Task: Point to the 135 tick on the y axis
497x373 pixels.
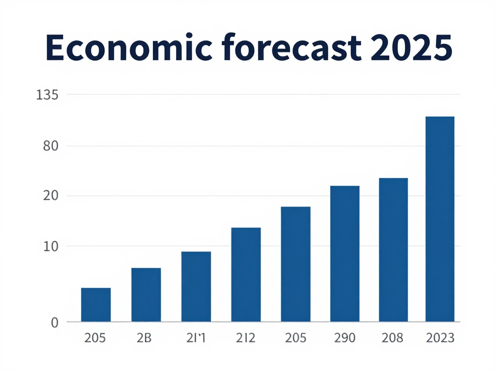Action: point(48,95)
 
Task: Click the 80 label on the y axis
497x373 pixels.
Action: point(50,146)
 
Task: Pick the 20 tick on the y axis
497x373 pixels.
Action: point(50,196)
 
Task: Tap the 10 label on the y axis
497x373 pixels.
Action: point(50,246)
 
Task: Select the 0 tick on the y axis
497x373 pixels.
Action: point(54,322)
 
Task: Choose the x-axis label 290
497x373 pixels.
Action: point(344,338)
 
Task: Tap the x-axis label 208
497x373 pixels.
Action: point(392,338)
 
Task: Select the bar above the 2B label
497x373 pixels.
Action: point(146,295)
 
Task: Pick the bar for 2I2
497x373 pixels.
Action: point(246,274)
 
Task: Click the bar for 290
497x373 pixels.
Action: point(345,254)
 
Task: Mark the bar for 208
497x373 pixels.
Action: point(393,250)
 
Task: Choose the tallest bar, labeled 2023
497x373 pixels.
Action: point(440,219)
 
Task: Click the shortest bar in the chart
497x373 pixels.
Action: point(96,305)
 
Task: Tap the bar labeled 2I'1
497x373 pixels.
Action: point(196,287)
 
